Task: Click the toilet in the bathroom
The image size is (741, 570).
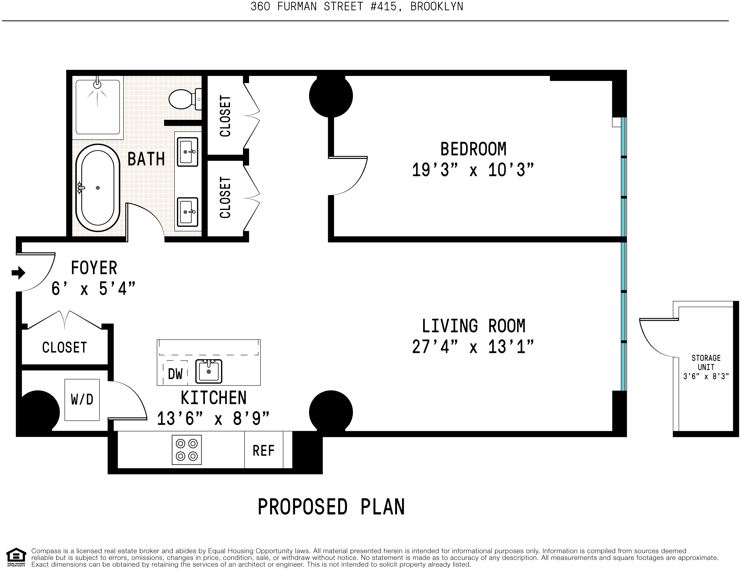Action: click(185, 99)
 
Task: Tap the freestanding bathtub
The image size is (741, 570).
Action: click(98, 188)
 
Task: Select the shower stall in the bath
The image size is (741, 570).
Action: click(98, 107)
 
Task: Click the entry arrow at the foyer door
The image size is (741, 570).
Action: click(18, 273)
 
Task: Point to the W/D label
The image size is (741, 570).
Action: click(82, 400)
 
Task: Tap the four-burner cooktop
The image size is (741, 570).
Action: click(187, 449)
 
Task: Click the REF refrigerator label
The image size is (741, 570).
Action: click(263, 450)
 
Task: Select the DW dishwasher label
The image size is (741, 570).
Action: click(175, 374)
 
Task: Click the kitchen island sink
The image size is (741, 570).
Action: click(209, 371)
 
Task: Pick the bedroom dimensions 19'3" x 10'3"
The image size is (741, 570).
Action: click(473, 170)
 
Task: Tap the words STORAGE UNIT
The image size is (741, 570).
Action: click(706, 362)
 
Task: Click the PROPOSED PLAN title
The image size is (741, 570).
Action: click(331, 507)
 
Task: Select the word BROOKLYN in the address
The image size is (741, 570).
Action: click(437, 7)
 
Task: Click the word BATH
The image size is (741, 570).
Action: click(146, 159)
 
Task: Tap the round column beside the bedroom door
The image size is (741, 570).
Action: click(331, 96)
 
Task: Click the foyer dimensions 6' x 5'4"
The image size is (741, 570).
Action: click(93, 289)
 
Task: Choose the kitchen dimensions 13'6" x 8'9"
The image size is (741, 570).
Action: click(213, 418)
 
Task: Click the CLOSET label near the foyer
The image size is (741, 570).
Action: click(64, 348)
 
